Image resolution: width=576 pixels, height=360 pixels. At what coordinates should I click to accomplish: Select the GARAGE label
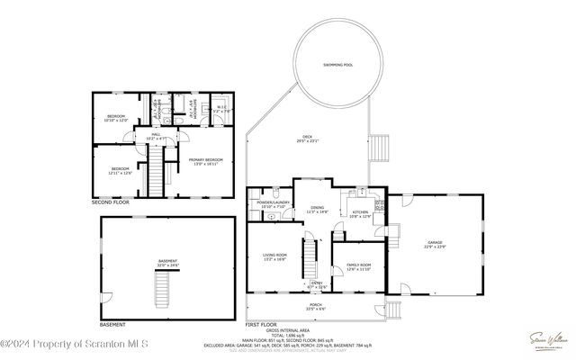point(434,242)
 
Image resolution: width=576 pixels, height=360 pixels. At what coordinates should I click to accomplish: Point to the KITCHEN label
point(360,213)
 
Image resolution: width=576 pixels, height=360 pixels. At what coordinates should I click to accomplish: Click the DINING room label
point(318,209)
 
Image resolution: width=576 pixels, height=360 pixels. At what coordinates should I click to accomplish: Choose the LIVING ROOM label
point(275,256)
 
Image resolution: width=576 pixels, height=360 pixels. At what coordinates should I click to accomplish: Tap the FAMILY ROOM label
point(359,265)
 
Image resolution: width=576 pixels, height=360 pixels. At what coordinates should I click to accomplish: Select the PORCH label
point(316,305)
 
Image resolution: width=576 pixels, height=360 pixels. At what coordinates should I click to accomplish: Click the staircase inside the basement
point(163,289)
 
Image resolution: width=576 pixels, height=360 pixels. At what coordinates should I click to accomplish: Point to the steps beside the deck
point(381,146)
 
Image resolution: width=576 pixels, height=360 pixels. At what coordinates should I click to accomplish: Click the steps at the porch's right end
point(392,310)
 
